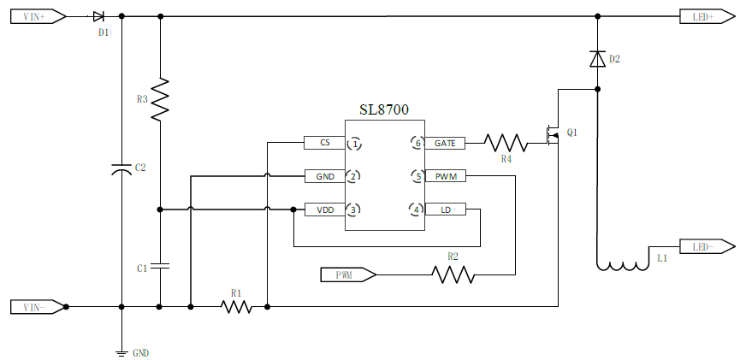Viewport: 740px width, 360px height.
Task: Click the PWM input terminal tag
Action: [347, 274]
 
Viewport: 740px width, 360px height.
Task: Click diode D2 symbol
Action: [598, 59]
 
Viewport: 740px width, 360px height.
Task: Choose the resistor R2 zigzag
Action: [453, 274]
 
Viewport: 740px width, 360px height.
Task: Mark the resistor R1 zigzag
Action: [237, 305]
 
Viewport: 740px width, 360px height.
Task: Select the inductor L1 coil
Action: [622, 266]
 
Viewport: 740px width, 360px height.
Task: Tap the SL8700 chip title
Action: [383, 110]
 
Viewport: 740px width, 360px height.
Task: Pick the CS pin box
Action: [324, 143]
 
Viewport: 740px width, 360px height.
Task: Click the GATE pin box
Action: [445, 143]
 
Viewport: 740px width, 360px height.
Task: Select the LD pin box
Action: [445, 210]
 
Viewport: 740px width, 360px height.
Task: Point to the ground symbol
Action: [121, 351]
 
